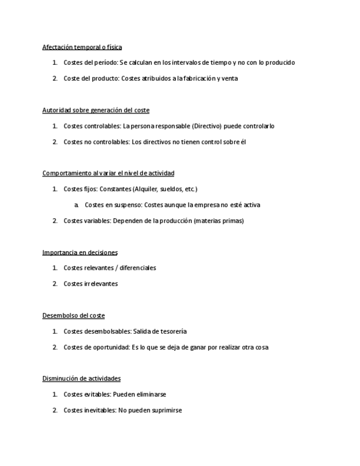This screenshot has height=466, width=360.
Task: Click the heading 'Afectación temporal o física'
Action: pos(82,47)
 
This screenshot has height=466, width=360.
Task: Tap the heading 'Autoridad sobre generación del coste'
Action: pos(96,110)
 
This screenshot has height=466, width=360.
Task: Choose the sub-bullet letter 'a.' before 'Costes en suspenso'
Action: pos(76,205)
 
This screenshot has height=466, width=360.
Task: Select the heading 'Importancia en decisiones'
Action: pos(80,253)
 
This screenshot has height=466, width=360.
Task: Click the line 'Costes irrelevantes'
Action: pos(91,284)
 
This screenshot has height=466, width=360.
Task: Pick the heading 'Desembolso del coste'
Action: pos(73,316)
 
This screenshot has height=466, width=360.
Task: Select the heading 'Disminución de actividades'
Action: pos(81,379)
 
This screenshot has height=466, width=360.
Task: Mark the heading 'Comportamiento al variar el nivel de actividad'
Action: pos(108,174)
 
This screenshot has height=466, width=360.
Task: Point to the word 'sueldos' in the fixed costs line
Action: pos(171,189)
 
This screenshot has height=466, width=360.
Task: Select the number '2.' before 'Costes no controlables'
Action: pos(55,142)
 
